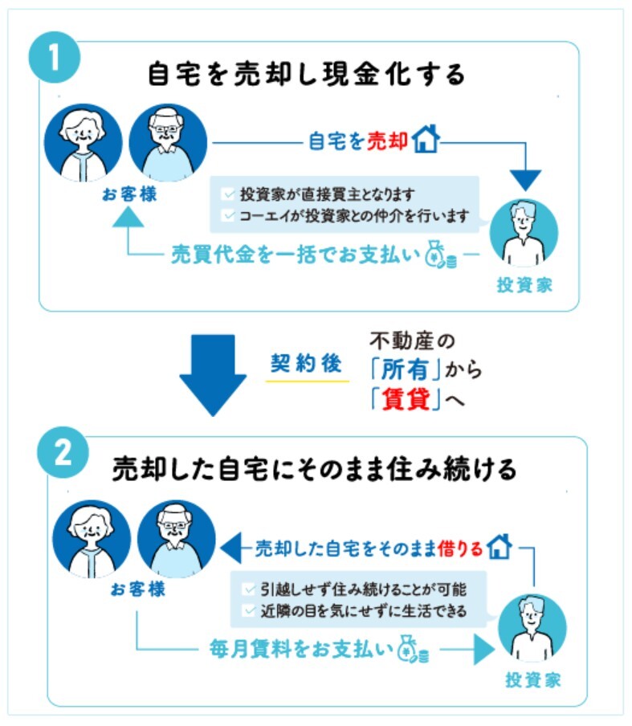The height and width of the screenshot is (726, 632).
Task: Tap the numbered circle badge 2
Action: coord(63,455)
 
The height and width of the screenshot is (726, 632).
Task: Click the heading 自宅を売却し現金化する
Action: coord(308,74)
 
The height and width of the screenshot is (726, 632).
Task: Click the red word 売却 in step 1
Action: coord(387,141)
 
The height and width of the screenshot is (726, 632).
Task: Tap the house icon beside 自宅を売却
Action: coord(425,141)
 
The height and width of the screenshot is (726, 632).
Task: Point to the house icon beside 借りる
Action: coord(499,549)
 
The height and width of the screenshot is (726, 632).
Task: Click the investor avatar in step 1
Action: coord(524,232)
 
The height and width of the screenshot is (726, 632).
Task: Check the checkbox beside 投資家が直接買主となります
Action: coord(229,194)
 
